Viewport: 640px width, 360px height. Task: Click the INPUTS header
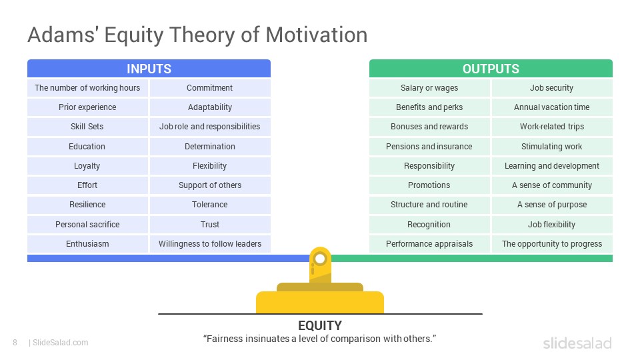pyautogui.click(x=149, y=69)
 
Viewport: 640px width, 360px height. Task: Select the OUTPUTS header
pyautogui.click(x=491, y=69)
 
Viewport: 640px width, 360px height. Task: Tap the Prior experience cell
pyautogui.click(x=87, y=107)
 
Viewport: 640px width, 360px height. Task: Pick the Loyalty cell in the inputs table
pyautogui.click(x=87, y=166)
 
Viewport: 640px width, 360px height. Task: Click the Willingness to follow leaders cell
pyautogui.click(x=210, y=244)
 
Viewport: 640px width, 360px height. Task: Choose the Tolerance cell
pyautogui.click(x=210, y=205)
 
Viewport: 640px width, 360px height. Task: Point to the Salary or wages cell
pyautogui.click(x=429, y=88)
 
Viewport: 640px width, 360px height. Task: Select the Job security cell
pyautogui.click(x=552, y=88)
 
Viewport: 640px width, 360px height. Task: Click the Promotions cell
pyautogui.click(x=429, y=185)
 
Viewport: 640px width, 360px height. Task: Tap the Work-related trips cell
pyautogui.click(x=552, y=127)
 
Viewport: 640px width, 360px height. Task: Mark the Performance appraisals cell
pyautogui.click(x=429, y=244)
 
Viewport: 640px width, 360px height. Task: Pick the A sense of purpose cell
pyautogui.click(x=552, y=205)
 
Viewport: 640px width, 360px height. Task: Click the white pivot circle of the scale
pyautogui.click(x=321, y=259)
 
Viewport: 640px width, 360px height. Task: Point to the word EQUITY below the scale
pyautogui.click(x=320, y=325)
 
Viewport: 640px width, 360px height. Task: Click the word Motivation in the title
pyautogui.click(x=317, y=35)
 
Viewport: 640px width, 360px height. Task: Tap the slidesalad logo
pyautogui.click(x=577, y=343)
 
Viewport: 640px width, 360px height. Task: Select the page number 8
pyautogui.click(x=15, y=343)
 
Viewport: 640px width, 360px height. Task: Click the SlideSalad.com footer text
pyautogui.click(x=61, y=343)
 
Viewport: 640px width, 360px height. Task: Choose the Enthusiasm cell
pyautogui.click(x=87, y=244)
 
